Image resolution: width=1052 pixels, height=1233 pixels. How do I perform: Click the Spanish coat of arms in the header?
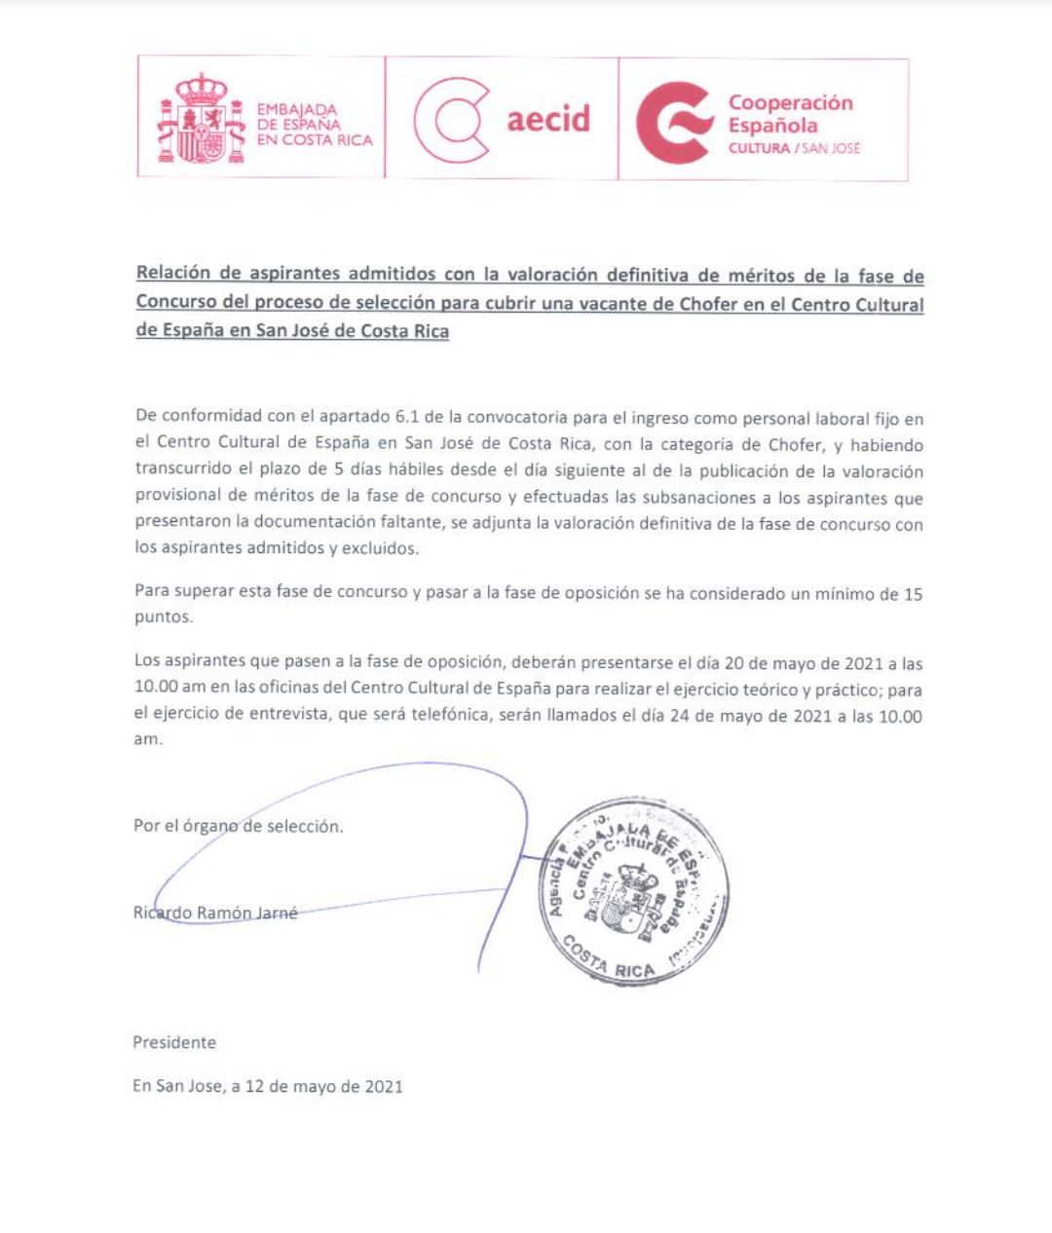[x=202, y=119]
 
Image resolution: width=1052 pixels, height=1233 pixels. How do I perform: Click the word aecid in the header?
[x=548, y=119]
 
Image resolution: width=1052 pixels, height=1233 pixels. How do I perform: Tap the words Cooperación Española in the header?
[x=790, y=114]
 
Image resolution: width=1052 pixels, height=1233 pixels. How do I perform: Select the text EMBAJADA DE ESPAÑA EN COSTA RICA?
[x=314, y=125]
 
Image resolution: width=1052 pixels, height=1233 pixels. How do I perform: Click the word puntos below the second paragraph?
[x=163, y=616]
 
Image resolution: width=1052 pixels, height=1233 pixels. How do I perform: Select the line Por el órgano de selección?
[x=238, y=826]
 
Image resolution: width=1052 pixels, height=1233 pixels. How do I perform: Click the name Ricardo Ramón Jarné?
[x=215, y=913]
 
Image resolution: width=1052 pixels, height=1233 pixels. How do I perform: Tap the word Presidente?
[x=174, y=1042]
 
